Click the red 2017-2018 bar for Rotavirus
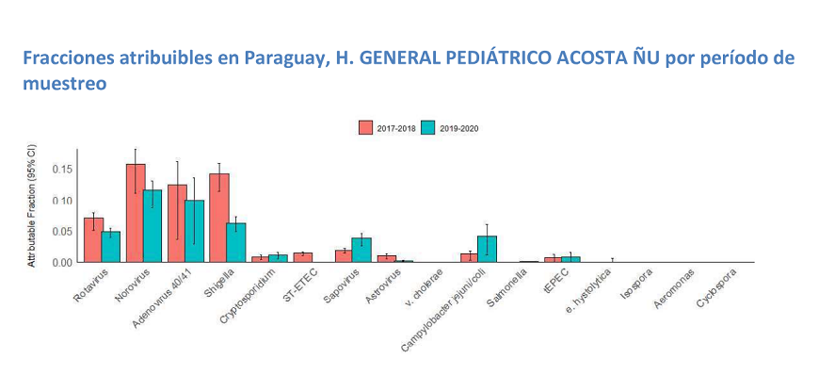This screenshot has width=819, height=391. click(93, 240)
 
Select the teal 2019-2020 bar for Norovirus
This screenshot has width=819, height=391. click(153, 226)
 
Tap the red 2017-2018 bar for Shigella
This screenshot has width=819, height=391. click(218, 218)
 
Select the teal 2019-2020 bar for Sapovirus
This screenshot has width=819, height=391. click(361, 250)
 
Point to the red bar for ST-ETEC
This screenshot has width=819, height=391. click(302, 257)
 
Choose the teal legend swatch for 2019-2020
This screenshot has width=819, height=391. click(428, 128)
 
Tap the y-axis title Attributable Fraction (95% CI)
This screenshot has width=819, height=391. click(32, 206)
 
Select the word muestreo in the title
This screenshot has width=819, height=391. click(63, 84)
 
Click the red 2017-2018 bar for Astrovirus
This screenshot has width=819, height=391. click(386, 258)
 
